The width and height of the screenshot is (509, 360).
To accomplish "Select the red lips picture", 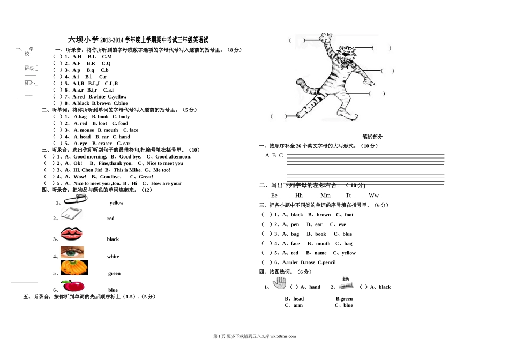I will [x=71, y=234].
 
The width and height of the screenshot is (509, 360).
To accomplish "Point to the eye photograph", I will [x=72, y=252].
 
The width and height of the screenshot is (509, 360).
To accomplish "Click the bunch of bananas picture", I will [x=74, y=268].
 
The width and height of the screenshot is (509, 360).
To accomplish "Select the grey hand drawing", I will [x=279, y=283].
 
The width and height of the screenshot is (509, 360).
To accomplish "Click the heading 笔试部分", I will [x=372, y=137].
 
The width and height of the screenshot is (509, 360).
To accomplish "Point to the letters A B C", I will [x=274, y=156].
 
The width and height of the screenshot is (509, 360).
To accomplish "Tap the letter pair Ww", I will [x=373, y=196].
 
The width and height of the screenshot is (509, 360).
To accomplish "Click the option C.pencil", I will [x=327, y=262].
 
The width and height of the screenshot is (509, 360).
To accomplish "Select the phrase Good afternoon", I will [x=173, y=157].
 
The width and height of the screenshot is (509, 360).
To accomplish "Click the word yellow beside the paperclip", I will [x=116, y=203].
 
